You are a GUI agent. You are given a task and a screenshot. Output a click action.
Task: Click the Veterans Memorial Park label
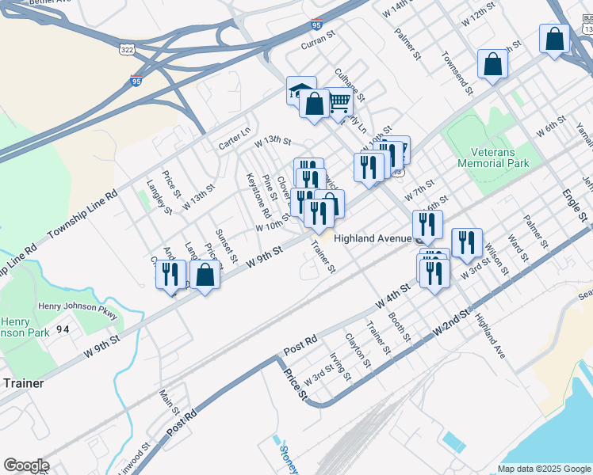pyautogui.click(x=492, y=158)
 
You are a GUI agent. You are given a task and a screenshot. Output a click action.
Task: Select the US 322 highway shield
pyautogui.click(x=125, y=50)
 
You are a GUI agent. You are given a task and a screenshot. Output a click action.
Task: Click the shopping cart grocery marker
pyautogui.click(x=339, y=101)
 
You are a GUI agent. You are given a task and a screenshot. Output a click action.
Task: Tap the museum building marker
pyautogui.click(x=300, y=89)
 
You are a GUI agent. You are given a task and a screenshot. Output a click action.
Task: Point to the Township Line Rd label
pyautogui.click(x=82, y=215)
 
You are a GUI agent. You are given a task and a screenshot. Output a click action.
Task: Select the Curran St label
pyautogui.click(x=319, y=41)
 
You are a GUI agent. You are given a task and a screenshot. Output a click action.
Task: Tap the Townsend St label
pyautogui.click(x=457, y=74)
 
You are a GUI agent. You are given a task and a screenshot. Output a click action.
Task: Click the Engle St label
pyautogui.click(x=575, y=203)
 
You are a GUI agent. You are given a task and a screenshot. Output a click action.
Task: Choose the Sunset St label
pyautogui.click(x=226, y=246)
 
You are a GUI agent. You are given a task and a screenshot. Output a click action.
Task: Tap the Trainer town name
pyautogui.click(x=23, y=382)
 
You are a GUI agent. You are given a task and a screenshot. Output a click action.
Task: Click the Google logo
pyautogui.click(x=26, y=465)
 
